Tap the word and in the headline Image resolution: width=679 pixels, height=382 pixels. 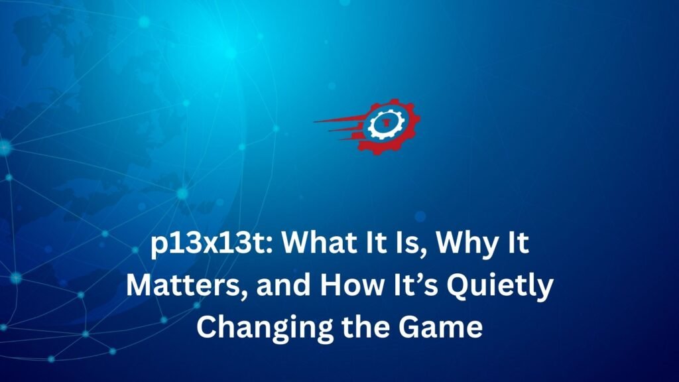(x=283, y=285)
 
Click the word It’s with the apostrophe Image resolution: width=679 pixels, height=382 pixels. (x=415, y=285)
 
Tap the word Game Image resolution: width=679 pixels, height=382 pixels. (x=440, y=328)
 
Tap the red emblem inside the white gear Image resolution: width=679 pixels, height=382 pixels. (x=384, y=123)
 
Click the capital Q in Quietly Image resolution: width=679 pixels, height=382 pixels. (x=458, y=286)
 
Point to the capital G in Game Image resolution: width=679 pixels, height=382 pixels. (x=409, y=328)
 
